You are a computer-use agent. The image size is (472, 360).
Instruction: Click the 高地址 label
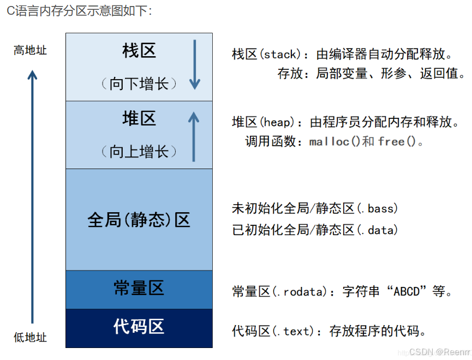click(31, 51)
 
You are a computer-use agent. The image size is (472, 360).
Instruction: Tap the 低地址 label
click(31, 337)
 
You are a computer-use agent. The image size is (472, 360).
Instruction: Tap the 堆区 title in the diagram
click(139, 118)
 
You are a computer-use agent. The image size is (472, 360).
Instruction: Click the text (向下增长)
click(139, 84)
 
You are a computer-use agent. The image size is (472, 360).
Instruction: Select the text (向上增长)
click(139, 152)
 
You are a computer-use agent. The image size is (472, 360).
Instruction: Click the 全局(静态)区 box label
click(139, 220)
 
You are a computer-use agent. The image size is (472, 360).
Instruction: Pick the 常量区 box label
click(139, 289)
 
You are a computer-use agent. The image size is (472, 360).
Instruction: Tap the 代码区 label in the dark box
click(139, 327)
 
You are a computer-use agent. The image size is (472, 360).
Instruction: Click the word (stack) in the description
click(279, 55)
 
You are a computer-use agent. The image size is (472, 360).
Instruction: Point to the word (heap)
click(277, 122)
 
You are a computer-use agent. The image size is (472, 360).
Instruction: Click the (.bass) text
click(377, 208)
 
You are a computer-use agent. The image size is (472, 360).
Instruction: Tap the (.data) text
click(377, 230)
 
